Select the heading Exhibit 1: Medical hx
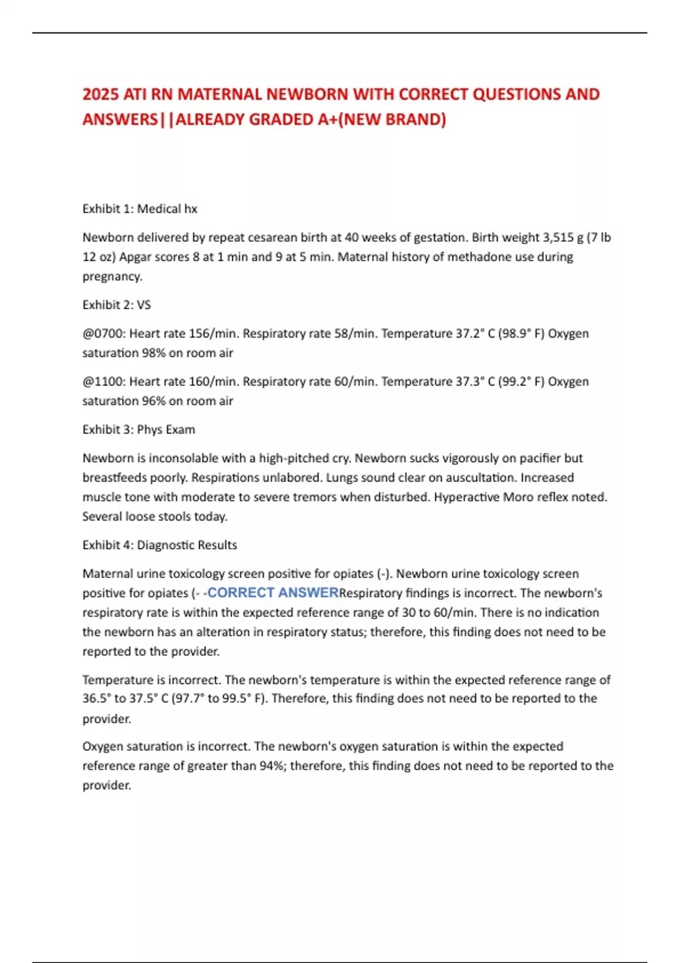tap(140, 209)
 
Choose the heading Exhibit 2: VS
tap(117, 305)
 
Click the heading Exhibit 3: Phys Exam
tap(139, 429)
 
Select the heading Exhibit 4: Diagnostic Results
tap(160, 545)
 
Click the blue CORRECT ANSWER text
tap(273, 593)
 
